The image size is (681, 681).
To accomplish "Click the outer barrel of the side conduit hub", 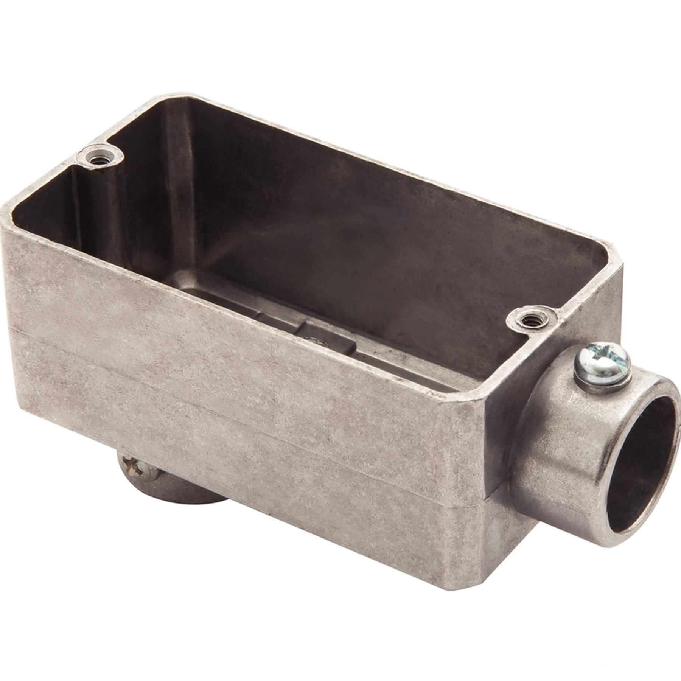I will point(549,428).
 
